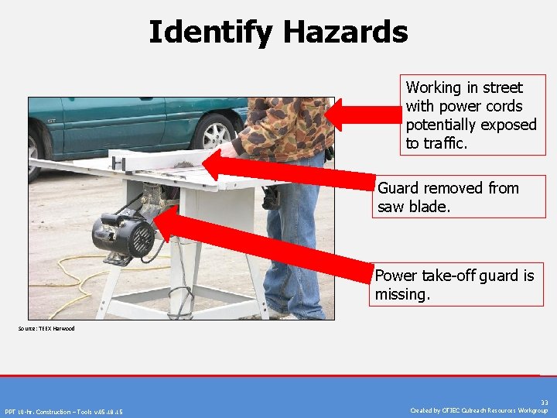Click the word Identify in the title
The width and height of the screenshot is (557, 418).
pos(210,33)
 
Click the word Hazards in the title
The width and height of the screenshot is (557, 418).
pos(345,33)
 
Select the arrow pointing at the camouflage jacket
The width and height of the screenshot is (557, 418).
pos(364,115)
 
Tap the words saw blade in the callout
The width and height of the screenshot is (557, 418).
pos(415,207)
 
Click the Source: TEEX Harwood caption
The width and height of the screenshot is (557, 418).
pos(46,329)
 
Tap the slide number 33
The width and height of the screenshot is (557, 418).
pos(544,403)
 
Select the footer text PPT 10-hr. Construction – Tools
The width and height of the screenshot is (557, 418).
pos(63,411)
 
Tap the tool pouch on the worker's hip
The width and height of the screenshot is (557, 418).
pos(272,197)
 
